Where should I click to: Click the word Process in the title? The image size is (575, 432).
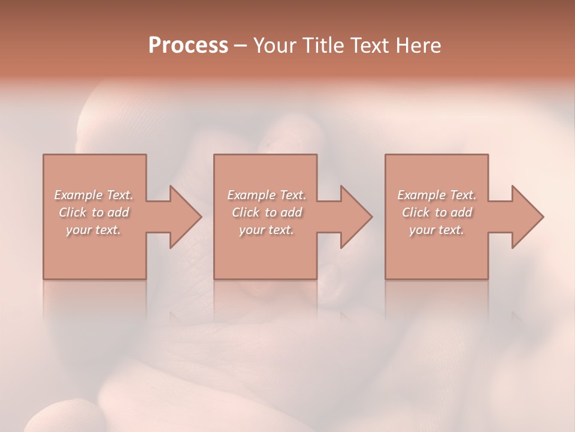(x=188, y=46)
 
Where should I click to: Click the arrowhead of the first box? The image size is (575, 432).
(x=183, y=217)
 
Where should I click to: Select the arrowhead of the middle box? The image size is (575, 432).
(x=353, y=217)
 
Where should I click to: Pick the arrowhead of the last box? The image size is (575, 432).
(x=525, y=217)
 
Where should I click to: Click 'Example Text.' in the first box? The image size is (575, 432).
(x=93, y=195)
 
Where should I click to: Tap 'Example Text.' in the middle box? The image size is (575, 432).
(x=266, y=195)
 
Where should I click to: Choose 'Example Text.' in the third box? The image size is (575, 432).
(x=437, y=195)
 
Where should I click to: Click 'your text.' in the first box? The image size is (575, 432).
(x=93, y=230)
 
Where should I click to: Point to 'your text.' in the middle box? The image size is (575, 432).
(x=266, y=230)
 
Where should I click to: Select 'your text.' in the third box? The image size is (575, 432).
(x=437, y=230)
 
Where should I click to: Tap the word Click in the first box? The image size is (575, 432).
(x=72, y=212)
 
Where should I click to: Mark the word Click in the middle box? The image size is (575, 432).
(x=245, y=212)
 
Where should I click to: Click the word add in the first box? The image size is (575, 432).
(x=119, y=212)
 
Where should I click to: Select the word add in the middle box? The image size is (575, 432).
(x=291, y=212)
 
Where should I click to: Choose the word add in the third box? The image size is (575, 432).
(x=462, y=212)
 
